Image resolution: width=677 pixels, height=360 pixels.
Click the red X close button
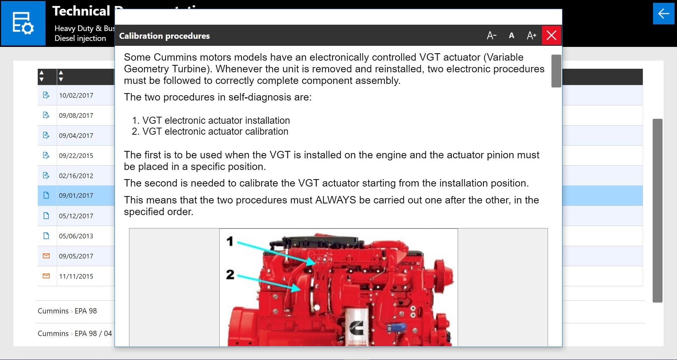click(x=551, y=35)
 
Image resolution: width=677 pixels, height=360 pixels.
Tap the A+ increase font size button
click(x=531, y=35)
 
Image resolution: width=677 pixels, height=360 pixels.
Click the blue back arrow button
click(x=663, y=14)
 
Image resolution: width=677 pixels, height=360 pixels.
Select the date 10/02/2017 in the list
click(x=76, y=95)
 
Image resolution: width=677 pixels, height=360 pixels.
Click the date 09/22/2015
click(x=76, y=155)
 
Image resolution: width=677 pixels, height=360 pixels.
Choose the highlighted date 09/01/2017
click(x=76, y=196)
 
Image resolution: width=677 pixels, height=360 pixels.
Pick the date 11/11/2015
click(x=76, y=276)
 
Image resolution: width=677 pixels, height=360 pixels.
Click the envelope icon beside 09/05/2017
click(x=46, y=256)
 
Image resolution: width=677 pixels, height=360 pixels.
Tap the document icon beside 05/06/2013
click(x=46, y=236)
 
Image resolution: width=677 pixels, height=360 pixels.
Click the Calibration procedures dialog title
click(x=164, y=36)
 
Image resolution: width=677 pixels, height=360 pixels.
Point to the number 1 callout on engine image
click(x=230, y=241)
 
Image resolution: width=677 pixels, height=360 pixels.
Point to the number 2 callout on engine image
click(x=230, y=274)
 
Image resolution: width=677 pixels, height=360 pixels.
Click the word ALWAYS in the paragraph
click(x=335, y=200)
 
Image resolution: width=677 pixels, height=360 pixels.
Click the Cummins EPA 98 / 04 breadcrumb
click(x=75, y=334)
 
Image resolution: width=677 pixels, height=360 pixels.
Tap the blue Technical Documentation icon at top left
click(x=23, y=23)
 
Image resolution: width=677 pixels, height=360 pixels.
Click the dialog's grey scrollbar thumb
click(x=556, y=71)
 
